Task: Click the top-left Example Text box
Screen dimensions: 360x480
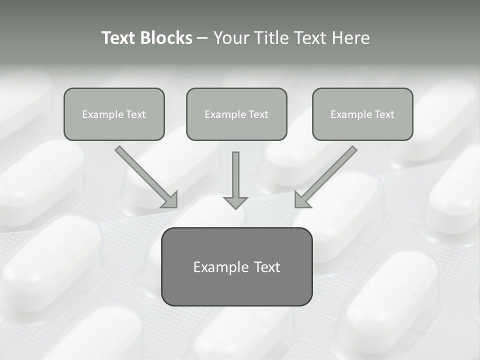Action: pyautogui.click(x=114, y=114)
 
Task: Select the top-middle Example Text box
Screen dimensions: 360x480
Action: pyautogui.click(x=236, y=114)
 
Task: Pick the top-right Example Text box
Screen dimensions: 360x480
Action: pyautogui.click(x=362, y=114)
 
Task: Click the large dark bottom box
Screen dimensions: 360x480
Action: pyautogui.click(x=236, y=266)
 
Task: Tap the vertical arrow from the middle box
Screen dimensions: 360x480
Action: pyautogui.click(x=235, y=175)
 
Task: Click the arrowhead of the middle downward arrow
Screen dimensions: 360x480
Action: pyautogui.click(x=235, y=202)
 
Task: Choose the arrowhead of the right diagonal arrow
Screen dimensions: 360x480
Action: pyautogui.click(x=302, y=199)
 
